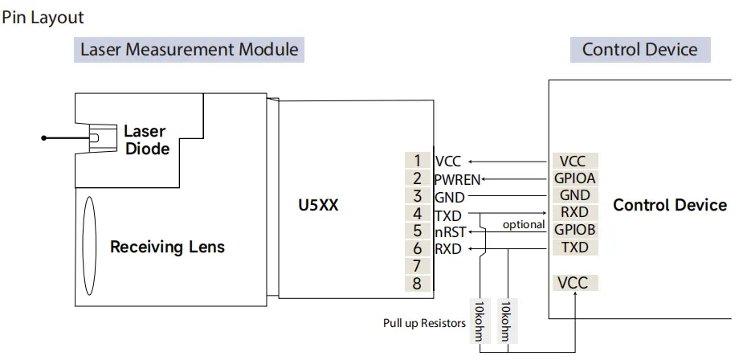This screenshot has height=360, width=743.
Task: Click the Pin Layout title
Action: [x=42, y=16]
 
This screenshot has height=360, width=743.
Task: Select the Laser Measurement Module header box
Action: [x=190, y=49]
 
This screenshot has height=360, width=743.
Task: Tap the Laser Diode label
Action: [x=146, y=140]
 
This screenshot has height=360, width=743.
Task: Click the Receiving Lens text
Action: [x=167, y=246]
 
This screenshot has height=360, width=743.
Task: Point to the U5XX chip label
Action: [x=318, y=205]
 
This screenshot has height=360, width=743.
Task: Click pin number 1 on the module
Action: [x=418, y=161]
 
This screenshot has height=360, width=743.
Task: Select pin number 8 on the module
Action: [x=418, y=283]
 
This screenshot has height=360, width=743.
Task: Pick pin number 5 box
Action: [x=418, y=231]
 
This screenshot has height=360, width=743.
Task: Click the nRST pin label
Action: [x=450, y=231]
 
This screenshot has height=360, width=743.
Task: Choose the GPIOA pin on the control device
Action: [x=575, y=178]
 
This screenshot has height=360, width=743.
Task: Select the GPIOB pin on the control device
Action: [x=575, y=230]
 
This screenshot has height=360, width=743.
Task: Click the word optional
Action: [x=524, y=224]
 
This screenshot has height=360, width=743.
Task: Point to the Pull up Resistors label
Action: [x=424, y=323]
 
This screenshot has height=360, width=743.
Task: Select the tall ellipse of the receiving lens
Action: [x=89, y=245]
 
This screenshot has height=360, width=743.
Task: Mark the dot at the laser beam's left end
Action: [x=45, y=138]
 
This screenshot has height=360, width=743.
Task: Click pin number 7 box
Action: [x=418, y=265]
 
